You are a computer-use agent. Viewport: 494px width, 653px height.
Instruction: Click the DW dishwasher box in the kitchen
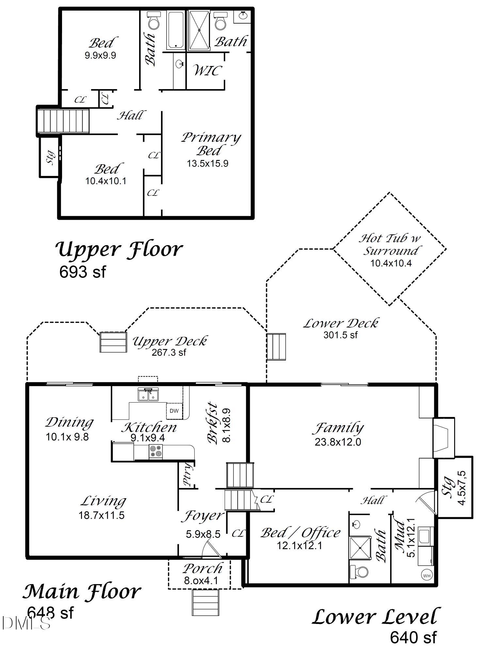[x=174, y=411]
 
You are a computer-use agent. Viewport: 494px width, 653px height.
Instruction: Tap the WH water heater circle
[x=426, y=576]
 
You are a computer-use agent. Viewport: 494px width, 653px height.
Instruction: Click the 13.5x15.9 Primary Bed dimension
[x=207, y=164]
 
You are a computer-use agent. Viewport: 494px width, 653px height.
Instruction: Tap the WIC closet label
[x=208, y=70]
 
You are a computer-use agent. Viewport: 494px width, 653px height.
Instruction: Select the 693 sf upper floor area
[x=83, y=272]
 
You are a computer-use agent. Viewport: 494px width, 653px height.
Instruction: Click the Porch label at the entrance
[x=202, y=569]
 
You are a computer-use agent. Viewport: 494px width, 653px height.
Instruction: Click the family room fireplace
[x=443, y=438]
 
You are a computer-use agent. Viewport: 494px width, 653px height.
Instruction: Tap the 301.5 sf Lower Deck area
[x=340, y=335]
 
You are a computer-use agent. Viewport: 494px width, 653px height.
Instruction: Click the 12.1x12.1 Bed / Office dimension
[x=299, y=546]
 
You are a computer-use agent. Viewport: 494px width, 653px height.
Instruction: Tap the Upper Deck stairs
[x=113, y=342]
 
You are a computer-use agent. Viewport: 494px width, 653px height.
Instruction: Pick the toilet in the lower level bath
[x=359, y=572]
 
